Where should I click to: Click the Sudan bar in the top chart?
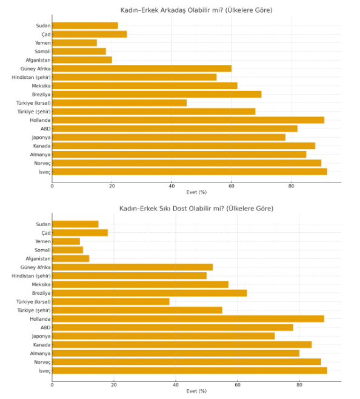85,25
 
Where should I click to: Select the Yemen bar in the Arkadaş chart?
75,42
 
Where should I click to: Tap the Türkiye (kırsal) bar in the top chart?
119,103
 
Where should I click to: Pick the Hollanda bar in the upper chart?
188,120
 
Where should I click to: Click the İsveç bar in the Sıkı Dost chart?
190,370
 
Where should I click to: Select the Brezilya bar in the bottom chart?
149,293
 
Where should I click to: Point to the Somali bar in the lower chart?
67,250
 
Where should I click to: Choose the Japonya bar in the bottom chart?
164,336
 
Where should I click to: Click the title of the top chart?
196,10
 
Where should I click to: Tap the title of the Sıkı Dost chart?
196,209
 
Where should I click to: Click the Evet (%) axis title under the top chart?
196,192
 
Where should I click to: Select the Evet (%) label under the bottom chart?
196,391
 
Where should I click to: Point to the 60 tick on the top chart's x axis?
232,186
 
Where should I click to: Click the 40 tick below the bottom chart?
176,384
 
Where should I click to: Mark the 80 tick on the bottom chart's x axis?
299,384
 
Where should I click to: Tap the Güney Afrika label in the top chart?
35,69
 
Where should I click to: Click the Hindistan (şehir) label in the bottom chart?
31,276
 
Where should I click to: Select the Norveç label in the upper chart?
42,163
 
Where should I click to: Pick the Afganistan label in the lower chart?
38,259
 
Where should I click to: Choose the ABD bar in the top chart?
175,129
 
